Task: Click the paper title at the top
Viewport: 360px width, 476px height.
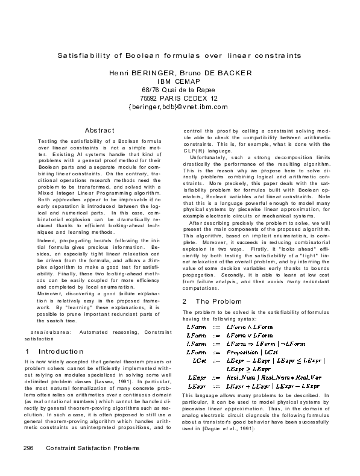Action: point(179,55)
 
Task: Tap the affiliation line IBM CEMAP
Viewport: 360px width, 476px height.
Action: point(179,81)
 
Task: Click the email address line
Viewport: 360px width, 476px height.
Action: point(179,107)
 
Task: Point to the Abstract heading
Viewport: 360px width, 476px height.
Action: point(99,130)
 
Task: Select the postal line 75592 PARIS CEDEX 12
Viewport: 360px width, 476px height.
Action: point(179,98)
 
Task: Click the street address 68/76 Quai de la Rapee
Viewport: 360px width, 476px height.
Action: point(179,90)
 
